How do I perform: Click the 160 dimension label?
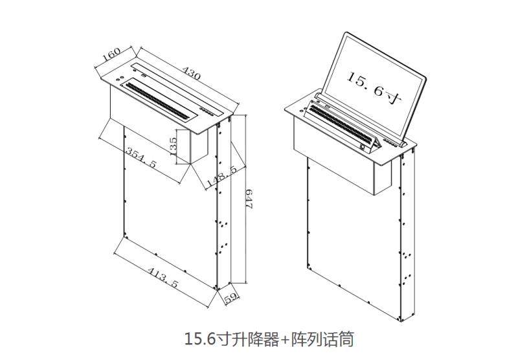111,54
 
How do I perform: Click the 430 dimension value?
192,73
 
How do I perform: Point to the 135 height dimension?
173,146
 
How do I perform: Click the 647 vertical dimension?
249,198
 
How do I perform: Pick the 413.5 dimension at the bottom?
163,277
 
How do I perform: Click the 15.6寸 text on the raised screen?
374,87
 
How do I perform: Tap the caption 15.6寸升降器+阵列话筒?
269,339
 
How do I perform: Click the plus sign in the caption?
285,340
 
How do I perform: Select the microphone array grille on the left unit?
157,100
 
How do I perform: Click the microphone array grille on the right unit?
341,125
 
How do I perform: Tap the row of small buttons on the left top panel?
207,111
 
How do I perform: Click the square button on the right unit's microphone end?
363,148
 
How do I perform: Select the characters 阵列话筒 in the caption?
322,339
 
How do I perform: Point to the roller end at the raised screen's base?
403,144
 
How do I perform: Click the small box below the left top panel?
199,146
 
